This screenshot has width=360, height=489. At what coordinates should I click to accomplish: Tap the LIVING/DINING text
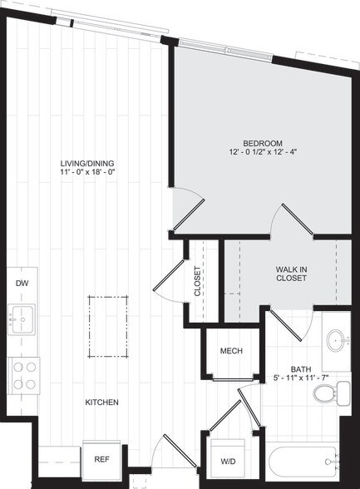(91, 163)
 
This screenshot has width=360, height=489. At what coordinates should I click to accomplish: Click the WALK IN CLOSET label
(290, 274)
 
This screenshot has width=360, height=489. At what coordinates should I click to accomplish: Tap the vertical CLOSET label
(198, 282)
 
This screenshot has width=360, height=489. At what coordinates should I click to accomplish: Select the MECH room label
(231, 351)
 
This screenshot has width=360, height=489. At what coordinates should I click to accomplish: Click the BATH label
(300, 369)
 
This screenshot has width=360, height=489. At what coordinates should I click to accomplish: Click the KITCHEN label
(101, 403)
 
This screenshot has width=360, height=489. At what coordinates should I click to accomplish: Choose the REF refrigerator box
(101, 458)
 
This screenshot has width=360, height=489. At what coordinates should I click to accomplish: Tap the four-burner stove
(23, 374)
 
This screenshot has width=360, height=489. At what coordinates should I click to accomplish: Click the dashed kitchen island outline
(109, 326)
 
